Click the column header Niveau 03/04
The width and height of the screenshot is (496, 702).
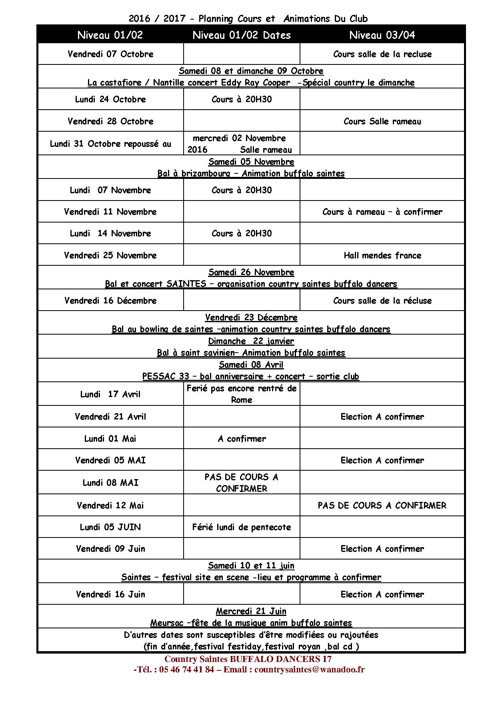coord(382,35)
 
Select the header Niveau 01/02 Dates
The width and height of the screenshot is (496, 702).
coord(242,35)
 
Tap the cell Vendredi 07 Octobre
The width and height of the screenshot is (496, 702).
coord(110,54)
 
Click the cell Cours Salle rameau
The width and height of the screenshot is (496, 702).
coord(382,121)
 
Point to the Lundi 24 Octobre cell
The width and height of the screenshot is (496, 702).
coord(110,99)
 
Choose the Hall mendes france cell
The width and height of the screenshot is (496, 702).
coord(382,255)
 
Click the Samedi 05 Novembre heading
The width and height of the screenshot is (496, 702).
coord(251,162)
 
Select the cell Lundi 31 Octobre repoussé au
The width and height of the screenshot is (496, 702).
coord(110,144)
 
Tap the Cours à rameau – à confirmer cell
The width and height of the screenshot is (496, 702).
coord(382,212)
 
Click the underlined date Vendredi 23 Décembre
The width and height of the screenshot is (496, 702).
coord(251,317)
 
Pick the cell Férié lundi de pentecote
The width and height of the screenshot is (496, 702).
coord(242,527)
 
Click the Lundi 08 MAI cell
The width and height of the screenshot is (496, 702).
coord(110,483)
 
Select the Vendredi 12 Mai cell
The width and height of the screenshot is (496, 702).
coord(110,505)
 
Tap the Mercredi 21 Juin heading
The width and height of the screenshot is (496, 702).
coord(251,611)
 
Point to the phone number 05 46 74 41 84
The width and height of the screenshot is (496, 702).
coord(186,669)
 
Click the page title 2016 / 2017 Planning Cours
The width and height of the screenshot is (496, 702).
coord(248,18)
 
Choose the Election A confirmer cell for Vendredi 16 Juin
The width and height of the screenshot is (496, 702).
coord(382,594)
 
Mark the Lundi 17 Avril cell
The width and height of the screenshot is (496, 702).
coord(110,394)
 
